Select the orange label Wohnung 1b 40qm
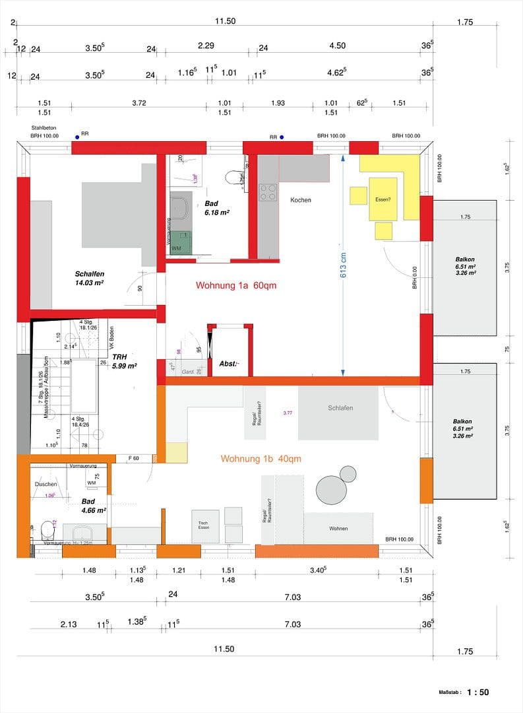pos(261,459)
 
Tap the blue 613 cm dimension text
pos(343,263)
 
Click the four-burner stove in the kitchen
pos(268,192)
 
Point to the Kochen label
pos(300,199)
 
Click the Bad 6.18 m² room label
pos(216,208)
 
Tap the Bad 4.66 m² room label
pos(93,506)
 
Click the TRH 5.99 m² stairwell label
pos(124,360)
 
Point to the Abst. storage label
pos(229,364)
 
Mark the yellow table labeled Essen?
pos(383,198)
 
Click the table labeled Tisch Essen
pos(204,526)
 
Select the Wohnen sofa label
pos(338,529)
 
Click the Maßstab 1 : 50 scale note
pos(464,692)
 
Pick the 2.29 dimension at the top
pos(206,46)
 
